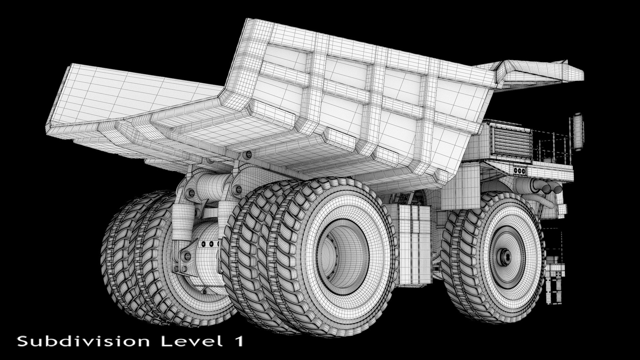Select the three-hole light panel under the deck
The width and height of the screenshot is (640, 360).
click(519, 171)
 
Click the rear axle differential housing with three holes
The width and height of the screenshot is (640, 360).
click(208, 245)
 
